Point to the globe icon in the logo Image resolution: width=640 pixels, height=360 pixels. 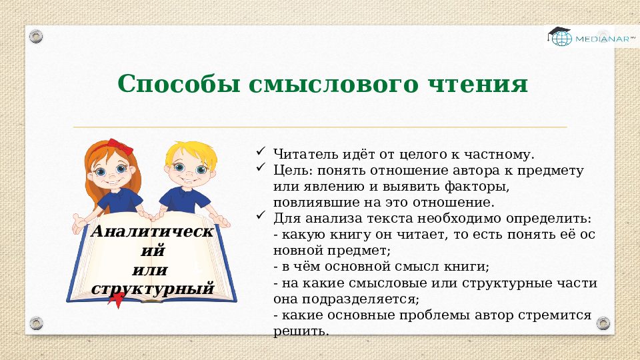(x=561, y=39)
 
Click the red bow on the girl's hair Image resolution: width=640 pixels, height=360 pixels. (x=120, y=145)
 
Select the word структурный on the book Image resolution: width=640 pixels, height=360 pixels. (x=153, y=289)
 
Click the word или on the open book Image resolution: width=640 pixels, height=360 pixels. (x=150, y=270)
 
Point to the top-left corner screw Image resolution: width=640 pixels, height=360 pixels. (x=36, y=35)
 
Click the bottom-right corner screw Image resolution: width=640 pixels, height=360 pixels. (x=603, y=323)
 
